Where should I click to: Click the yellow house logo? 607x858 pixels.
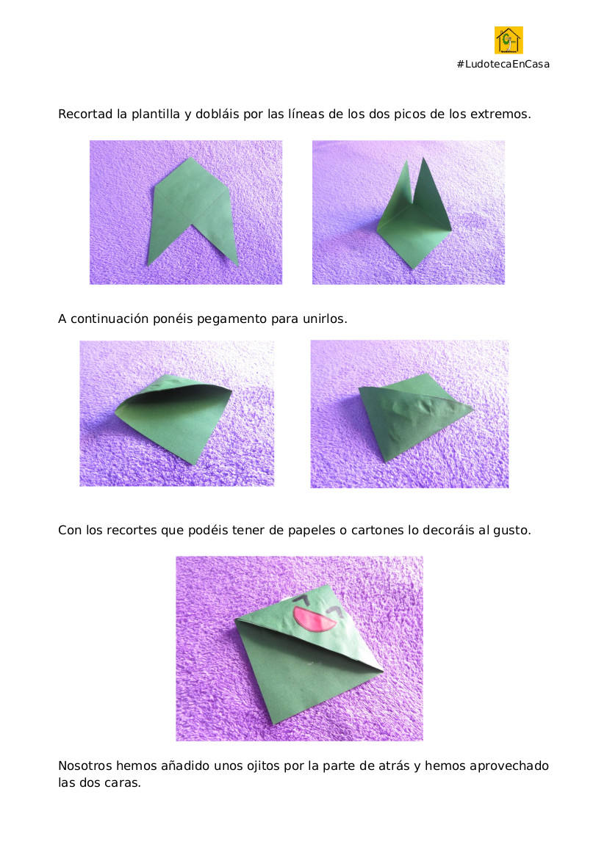(509, 40)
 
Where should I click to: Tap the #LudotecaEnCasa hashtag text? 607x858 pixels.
(503, 64)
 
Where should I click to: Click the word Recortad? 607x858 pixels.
(85, 114)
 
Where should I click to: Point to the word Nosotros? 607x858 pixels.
(85, 766)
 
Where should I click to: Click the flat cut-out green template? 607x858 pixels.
(193, 208)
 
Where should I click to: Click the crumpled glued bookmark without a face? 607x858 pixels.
(414, 415)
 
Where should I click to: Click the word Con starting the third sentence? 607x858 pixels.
(70, 530)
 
